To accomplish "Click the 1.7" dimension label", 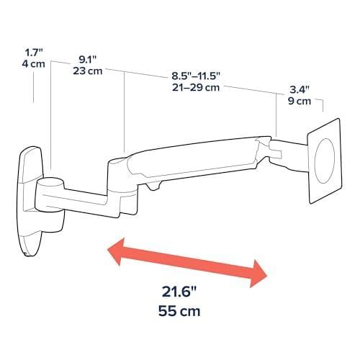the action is (x=34, y=53).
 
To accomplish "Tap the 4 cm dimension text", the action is (x=34, y=64).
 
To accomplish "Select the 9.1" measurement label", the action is (x=88, y=60).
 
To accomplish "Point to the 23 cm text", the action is (x=88, y=71).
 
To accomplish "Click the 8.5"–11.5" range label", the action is (x=196, y=76).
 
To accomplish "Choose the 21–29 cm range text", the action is (x=196, y=87).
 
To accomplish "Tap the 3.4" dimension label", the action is (x=300, y=90).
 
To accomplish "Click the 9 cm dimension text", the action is (x=300, y=101).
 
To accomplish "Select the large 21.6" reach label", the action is (x=179, y=292).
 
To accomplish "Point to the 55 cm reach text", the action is (x=179, y=311).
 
